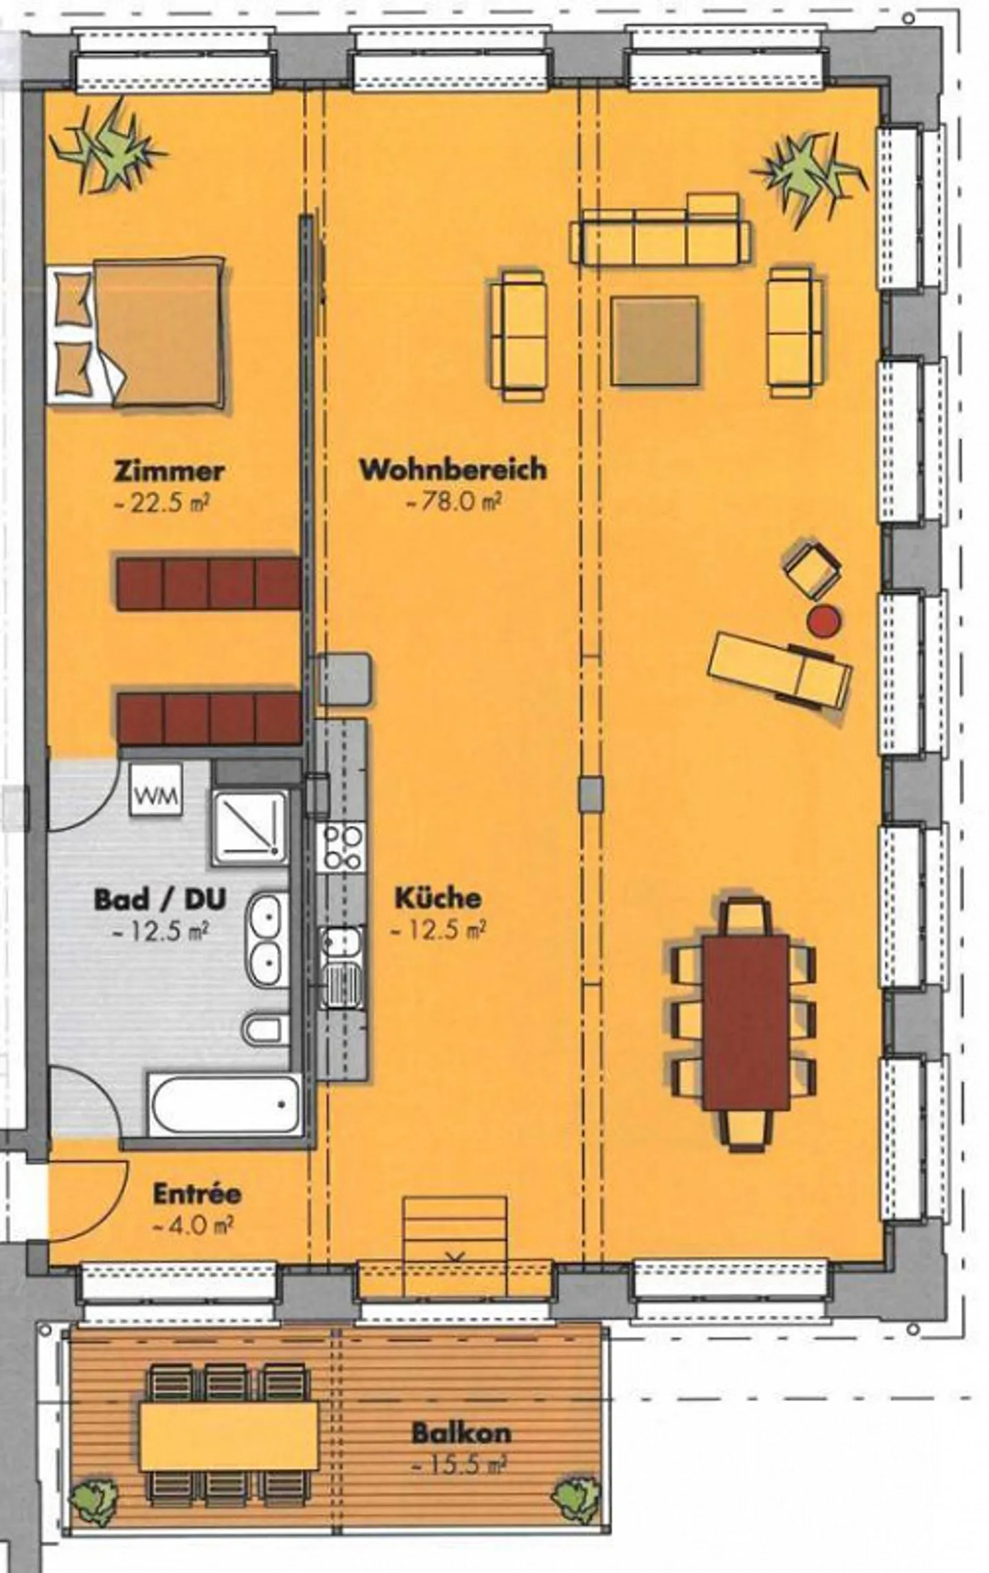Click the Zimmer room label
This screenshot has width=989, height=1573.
pos(169,472)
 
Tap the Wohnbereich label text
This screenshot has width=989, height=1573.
pos(453,470)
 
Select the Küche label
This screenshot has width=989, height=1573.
pos(437,898)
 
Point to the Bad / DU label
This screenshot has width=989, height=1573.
pos(159,900)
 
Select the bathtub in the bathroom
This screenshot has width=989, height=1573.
pos(225,1107)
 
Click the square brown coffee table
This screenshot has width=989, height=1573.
pos(655,341)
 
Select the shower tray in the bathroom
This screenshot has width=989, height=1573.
pos(249,827)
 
